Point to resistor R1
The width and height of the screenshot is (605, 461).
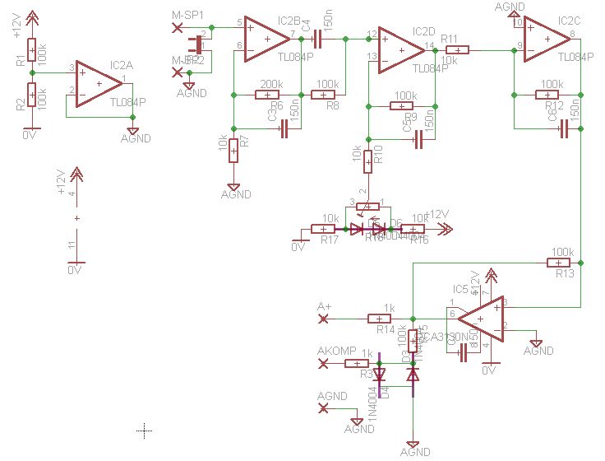point(31,51)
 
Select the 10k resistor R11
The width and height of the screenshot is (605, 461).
point(457,50)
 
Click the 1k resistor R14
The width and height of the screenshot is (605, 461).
point(379,319)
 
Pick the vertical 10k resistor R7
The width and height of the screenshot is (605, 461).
point(234,151)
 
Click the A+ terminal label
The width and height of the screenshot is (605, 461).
point(325,307)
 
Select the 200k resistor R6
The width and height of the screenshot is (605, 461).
point(268,95)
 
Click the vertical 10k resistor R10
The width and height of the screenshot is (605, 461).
point(367,161)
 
